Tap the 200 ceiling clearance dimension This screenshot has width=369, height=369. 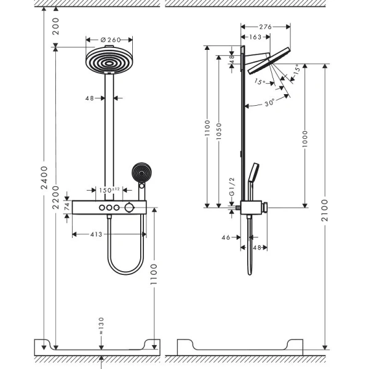(56, 26)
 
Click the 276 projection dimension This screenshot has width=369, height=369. (265, 26)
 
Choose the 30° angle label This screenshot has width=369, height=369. (269, 103)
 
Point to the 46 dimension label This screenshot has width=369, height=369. (226, 236)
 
